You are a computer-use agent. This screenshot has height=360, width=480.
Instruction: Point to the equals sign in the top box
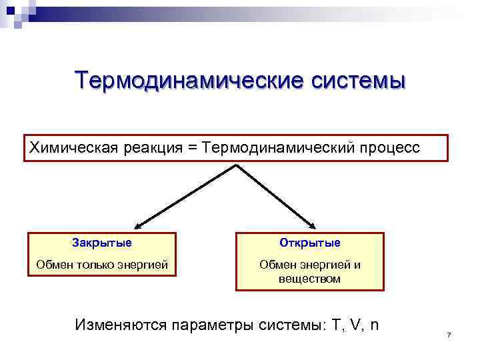[193, 147]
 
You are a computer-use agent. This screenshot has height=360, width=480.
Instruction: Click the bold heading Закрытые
[102, 242]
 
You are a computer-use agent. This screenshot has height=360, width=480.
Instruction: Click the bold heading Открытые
[310, 242]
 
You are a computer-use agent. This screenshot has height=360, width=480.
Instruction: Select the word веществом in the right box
[310, 278]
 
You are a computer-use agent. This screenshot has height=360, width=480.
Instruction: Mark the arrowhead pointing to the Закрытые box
[137, 226]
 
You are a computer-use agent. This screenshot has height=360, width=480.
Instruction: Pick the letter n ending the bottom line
[374, 325]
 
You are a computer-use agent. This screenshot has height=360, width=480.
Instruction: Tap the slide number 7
[449, 334]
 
